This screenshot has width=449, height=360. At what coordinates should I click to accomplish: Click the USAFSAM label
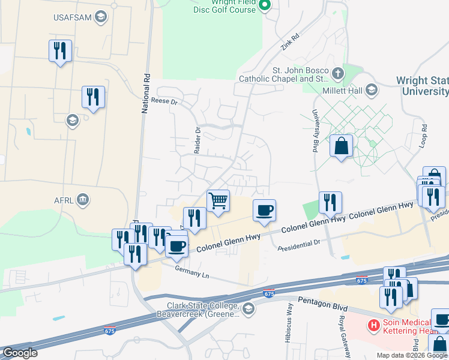tap(72, 17)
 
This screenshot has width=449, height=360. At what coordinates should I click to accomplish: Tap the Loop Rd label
tap(423, 136)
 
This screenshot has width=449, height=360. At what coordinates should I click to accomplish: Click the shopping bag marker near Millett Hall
tap(341, 146)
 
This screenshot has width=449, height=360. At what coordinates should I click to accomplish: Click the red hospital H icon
tap(373, 326)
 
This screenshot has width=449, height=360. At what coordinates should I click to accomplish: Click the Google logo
tap(19, 353)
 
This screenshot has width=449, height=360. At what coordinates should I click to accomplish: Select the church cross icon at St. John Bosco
tap(338, 74)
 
